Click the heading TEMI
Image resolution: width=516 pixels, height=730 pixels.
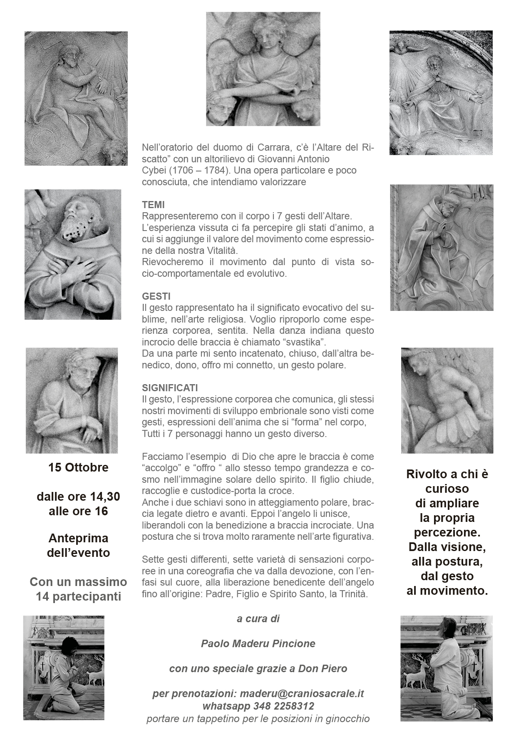(x=153, y=205)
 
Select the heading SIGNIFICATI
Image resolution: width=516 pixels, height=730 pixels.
(x=170, y=388)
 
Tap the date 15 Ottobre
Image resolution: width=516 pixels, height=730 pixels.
(x=78, y=467)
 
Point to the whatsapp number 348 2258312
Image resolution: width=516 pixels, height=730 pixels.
(x=283, y=706)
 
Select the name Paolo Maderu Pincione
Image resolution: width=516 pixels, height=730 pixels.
(x=258, y=643)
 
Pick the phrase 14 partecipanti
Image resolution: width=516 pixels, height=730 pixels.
(x=78, y=596)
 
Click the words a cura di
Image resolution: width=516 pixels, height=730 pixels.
(x=258, y=619)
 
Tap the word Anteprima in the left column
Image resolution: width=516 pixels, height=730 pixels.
(x=78, y=538)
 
